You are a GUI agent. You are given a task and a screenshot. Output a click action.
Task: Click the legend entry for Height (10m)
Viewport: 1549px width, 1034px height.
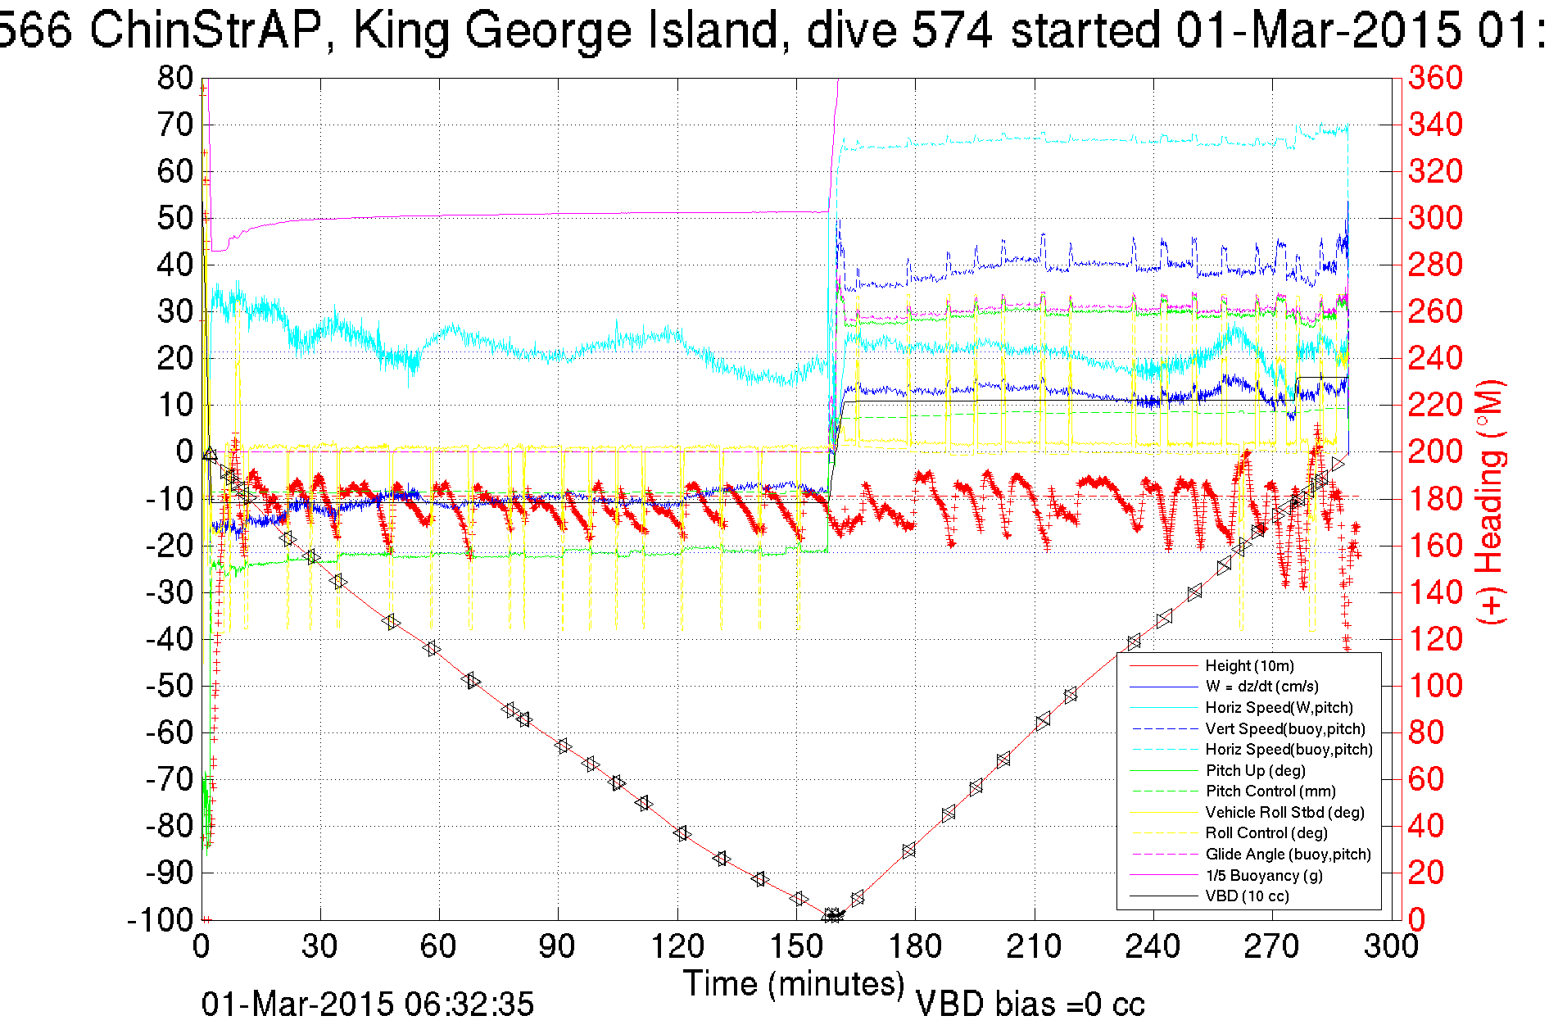[1249, 666]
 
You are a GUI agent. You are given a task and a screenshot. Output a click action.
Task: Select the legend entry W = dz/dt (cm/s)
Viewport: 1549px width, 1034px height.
[1261, 687]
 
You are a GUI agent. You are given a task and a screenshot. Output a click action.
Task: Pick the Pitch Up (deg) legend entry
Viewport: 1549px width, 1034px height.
[1255, 771]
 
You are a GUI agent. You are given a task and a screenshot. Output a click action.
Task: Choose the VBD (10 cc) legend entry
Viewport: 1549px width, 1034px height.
[1247, 896]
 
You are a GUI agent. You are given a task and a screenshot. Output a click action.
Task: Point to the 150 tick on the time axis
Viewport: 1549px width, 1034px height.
[797, 947]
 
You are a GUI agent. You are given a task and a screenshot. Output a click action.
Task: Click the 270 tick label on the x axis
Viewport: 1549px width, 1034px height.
[1272, 947]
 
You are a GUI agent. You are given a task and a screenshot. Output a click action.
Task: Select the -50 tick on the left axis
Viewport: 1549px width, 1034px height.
[169, 686]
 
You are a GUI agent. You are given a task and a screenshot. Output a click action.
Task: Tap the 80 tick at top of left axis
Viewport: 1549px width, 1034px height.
[175, 79]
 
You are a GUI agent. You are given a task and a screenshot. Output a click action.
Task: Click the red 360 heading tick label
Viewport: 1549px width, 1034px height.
[1435, 79]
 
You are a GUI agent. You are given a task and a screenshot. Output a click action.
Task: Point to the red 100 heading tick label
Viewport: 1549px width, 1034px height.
[1435, 686]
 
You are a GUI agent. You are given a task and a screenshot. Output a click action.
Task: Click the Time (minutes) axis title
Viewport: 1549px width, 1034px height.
[794, 983]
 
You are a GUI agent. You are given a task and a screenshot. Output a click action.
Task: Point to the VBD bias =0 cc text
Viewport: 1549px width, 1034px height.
[1030, 1005]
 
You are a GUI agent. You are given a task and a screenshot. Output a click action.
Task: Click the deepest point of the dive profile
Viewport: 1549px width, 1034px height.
[832, 916]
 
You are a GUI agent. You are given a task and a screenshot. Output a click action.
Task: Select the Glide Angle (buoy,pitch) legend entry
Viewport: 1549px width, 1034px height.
[1288, 855]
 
